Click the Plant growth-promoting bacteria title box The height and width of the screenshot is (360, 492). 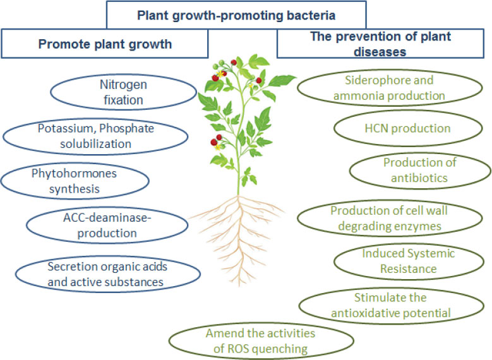pyautogui.click(x=236, y=15)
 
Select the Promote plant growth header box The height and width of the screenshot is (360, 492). pyautogui.click(x=105, y=44)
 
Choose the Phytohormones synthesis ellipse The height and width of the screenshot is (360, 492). pyautogui.click(x=75, y=179)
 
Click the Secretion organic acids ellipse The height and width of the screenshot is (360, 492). pyautogui.click(x=107, y=273)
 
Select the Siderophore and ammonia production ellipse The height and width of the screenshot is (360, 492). pyautogui.click(x=395, y=88)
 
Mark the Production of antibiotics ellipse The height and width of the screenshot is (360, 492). pyautogui.click(x=419, y=170)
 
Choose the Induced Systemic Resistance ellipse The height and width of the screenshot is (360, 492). pyautogui.click(x=408, y=261)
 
